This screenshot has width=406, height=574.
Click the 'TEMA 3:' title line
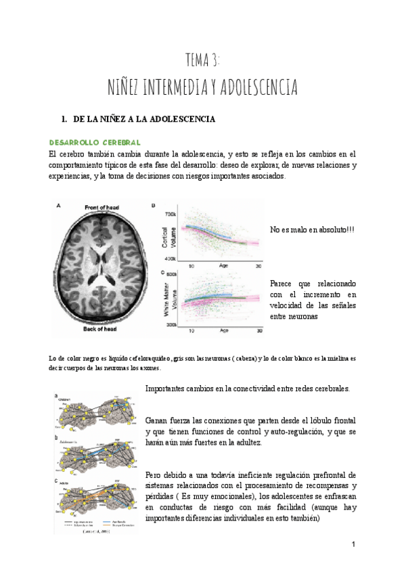[202, 60]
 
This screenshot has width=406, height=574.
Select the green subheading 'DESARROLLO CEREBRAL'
[95, 143]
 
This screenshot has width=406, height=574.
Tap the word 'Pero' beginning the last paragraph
[154, 474]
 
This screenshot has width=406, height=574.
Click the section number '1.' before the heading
[65, 120]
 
